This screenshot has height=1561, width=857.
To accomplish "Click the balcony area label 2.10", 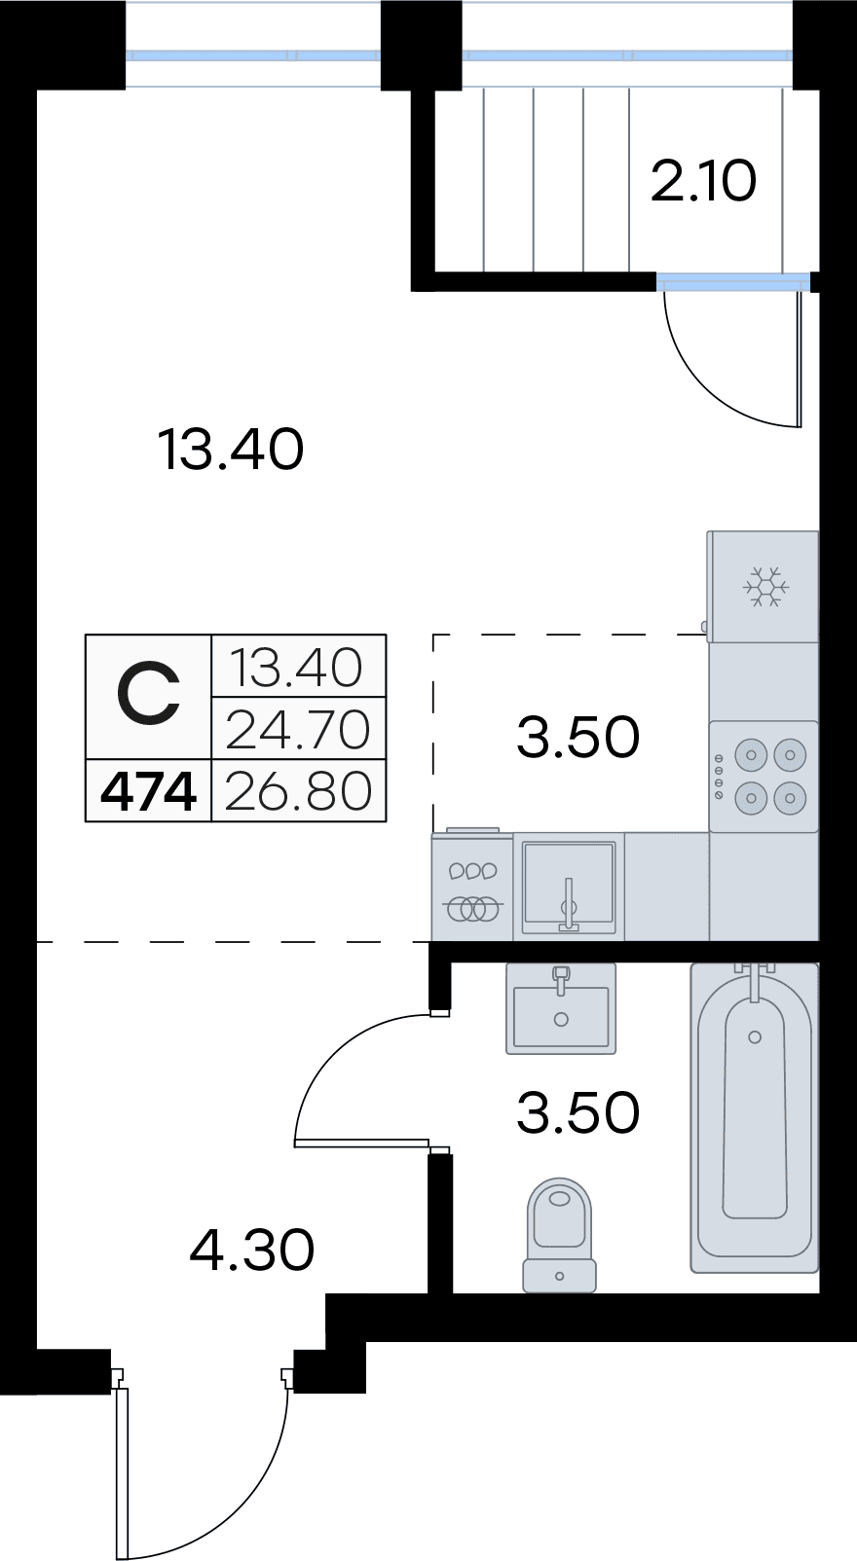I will [703, 181].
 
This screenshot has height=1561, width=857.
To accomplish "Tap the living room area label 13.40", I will [231, 450].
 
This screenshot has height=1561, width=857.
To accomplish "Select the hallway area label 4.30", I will [252, 1250].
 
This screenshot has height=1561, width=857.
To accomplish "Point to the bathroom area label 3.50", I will [578, 1112].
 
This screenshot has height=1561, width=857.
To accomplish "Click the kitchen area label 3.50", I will [578, 737].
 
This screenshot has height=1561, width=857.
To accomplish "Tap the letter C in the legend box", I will [148, 696].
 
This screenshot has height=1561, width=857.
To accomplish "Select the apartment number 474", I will [149, 791].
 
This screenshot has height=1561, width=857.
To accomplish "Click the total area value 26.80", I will [298, 791].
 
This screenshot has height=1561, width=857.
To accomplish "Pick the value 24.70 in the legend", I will [298, 730].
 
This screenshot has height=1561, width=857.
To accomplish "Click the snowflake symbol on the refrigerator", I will [765, 587].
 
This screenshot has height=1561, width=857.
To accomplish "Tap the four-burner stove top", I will [764, 777].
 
